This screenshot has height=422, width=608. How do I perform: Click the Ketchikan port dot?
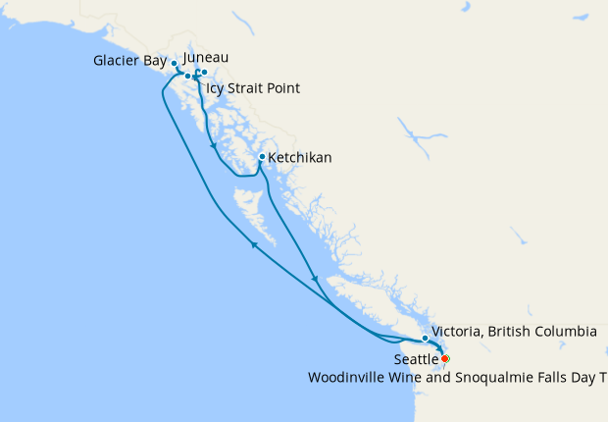pos(262,157)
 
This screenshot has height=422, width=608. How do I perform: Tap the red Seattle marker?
pos(445,358)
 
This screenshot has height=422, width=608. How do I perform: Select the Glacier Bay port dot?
pos(175,63)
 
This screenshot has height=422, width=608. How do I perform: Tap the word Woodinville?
pos(348,377)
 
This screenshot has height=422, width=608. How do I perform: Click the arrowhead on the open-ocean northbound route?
pos(253,245)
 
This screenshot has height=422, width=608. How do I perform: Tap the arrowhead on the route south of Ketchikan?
pos(314,279)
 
